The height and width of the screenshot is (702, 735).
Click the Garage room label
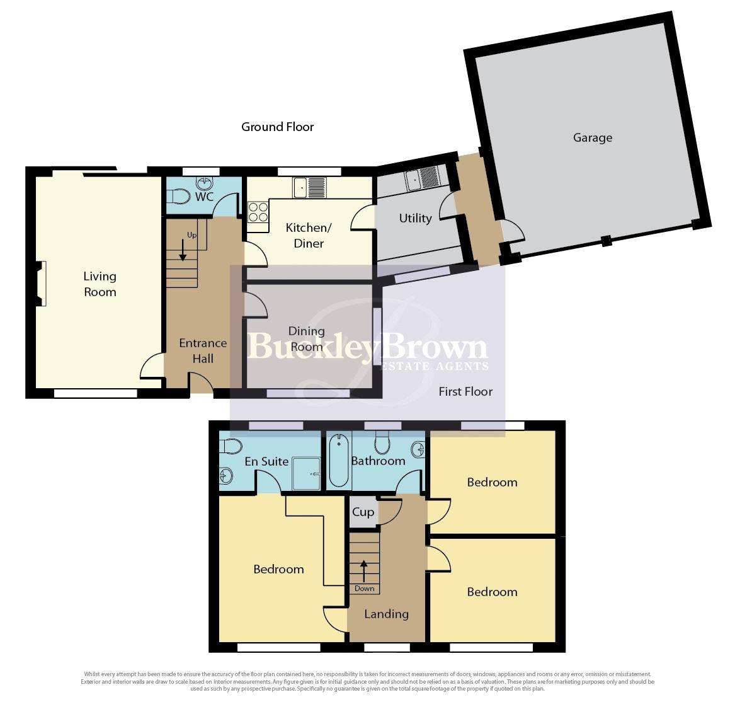(593, 138)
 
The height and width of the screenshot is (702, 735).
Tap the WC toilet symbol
(179, 197)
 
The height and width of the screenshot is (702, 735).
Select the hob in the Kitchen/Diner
(258, 212)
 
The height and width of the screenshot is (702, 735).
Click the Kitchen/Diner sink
(310, 188)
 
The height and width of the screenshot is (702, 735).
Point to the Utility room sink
(422, 178)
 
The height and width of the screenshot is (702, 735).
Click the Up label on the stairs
(191, 235)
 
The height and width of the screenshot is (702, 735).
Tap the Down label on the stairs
(364, 589)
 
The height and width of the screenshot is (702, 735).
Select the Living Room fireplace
(42, 284)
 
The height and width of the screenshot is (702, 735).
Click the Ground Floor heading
(278, 127)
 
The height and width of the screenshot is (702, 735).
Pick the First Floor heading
(465, 391)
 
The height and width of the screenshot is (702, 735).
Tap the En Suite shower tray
(307, 474)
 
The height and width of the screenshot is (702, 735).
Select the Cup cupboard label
(363, 512)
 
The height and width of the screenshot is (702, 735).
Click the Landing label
(386, 614)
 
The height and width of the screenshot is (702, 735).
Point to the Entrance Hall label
(203, 351)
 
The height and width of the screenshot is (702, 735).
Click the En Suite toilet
(231, 446)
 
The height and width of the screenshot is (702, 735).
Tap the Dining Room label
(307, 339)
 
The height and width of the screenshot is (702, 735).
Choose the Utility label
(415, 219)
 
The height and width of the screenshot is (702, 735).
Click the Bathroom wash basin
(418, 450)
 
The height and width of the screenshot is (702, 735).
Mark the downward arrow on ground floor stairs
(183, 250)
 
